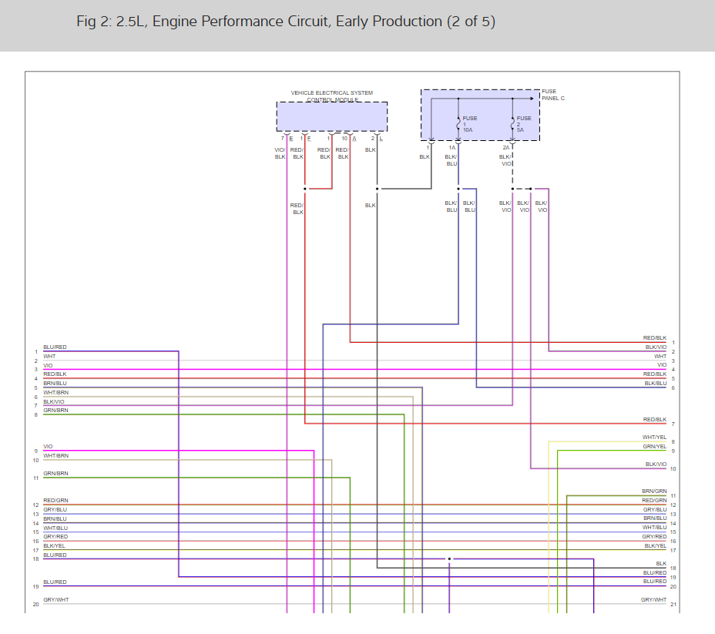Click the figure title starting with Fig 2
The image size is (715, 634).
pyautogui.click(x=285, y=22)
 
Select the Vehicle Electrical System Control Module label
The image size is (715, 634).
pyautogui.click(x=331, y=96)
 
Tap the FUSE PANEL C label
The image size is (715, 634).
pyautogui.click(x=552, y=95)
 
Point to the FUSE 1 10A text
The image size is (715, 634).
pyautogui.click(x=469, y=124)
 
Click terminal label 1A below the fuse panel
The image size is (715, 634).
pyautogui.click(x=452, y=147)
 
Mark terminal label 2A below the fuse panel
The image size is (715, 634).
pyautogui.click(x=506, y=147)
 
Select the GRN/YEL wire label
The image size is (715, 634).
pyautogui.click(x=654, y=447)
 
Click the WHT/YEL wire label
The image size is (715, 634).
pyautogui.click(x=654, y=438)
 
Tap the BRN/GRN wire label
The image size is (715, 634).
pyautogui.click(x=654, y=491)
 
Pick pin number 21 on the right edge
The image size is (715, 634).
pyautogui.click(x=673, y=604)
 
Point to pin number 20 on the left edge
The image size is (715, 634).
pyautogui.click(x=35, y=604)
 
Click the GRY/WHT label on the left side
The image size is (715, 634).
pyautogui.click(x=55, y=600)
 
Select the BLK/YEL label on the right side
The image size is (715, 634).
pyautogui.click(x=655, y=546)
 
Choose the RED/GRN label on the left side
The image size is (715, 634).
pyautogui.click(x=55, y=501)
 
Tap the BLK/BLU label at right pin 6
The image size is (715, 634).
pyautogui.click(x=655, y=384)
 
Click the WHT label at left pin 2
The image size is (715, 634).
pyautogui.click(x=49, y=357)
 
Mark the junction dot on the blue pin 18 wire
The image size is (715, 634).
pyautogui.click(x=450, y=559)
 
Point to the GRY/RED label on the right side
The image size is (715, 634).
pyautogui.click(x=655, y=537)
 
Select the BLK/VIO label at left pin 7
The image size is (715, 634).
pyautogui.click(x=54, y=401)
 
